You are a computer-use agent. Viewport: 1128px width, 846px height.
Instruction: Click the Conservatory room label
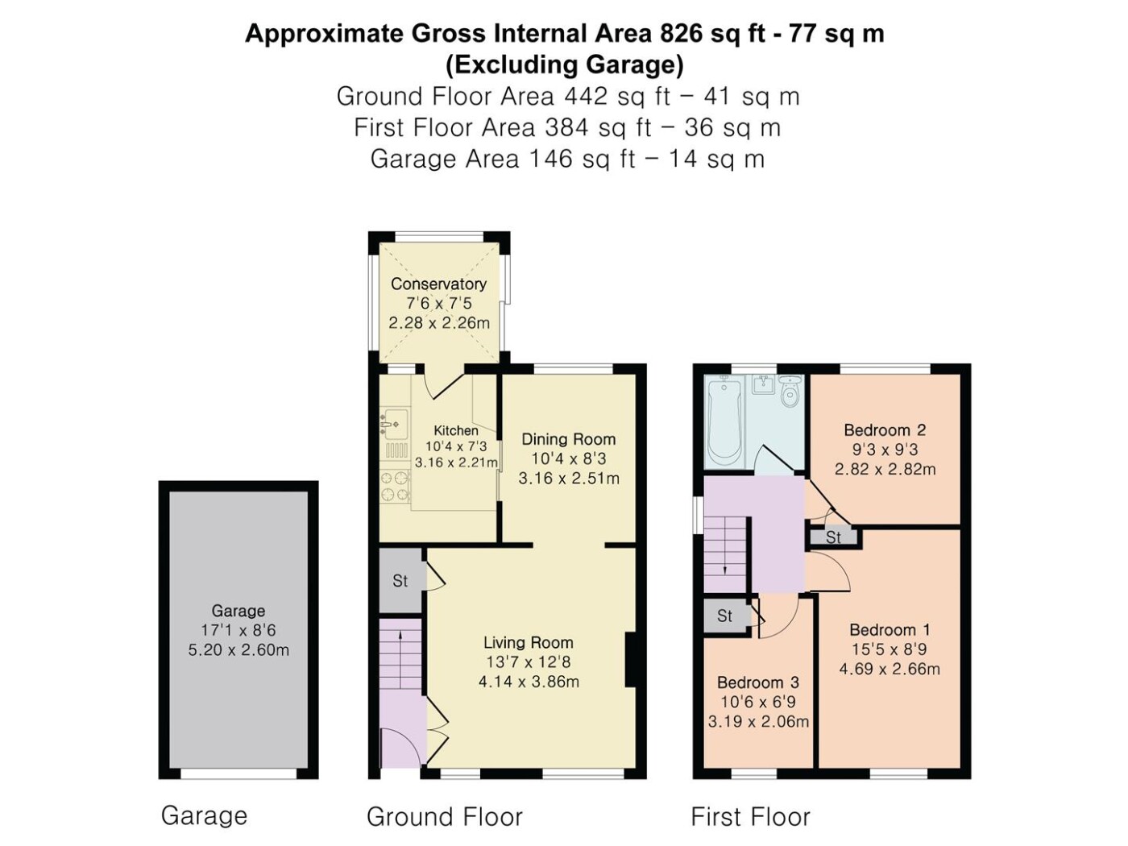click(x=438, y=284)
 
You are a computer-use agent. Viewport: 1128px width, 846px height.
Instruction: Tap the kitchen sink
click(x=394, y=425)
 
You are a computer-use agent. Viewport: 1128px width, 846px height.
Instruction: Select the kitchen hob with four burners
click(x=395, y=486)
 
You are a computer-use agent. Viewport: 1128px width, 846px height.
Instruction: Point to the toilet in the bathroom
click(x=790, y=392)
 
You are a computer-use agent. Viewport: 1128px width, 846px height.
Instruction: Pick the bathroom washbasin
click(x=763, y=384)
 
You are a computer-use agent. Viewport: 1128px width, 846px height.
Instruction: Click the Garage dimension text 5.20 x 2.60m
click(x=238, y=649)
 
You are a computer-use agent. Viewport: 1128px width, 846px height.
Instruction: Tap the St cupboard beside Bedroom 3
click(x=724, y=616)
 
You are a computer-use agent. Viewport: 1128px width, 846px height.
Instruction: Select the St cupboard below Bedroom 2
click(x=833, y=537)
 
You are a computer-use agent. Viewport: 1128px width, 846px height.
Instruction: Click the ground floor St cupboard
click(x=400, y=580)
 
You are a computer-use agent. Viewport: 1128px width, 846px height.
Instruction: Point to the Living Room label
click(x=529, y=642)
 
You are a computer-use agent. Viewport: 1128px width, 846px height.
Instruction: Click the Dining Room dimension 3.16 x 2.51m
click(x=569, y=479)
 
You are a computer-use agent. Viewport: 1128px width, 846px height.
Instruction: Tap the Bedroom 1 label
click(x=890, y=629)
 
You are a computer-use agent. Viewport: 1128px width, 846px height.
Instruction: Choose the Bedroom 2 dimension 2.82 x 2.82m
click(x=885, y=469)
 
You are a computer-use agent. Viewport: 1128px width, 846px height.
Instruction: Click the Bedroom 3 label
click(x=758, y=682)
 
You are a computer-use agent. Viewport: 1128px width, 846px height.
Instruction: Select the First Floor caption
click(x=750, y=816)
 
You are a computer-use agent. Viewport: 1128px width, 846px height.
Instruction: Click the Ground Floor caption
click(x=445, y=816)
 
